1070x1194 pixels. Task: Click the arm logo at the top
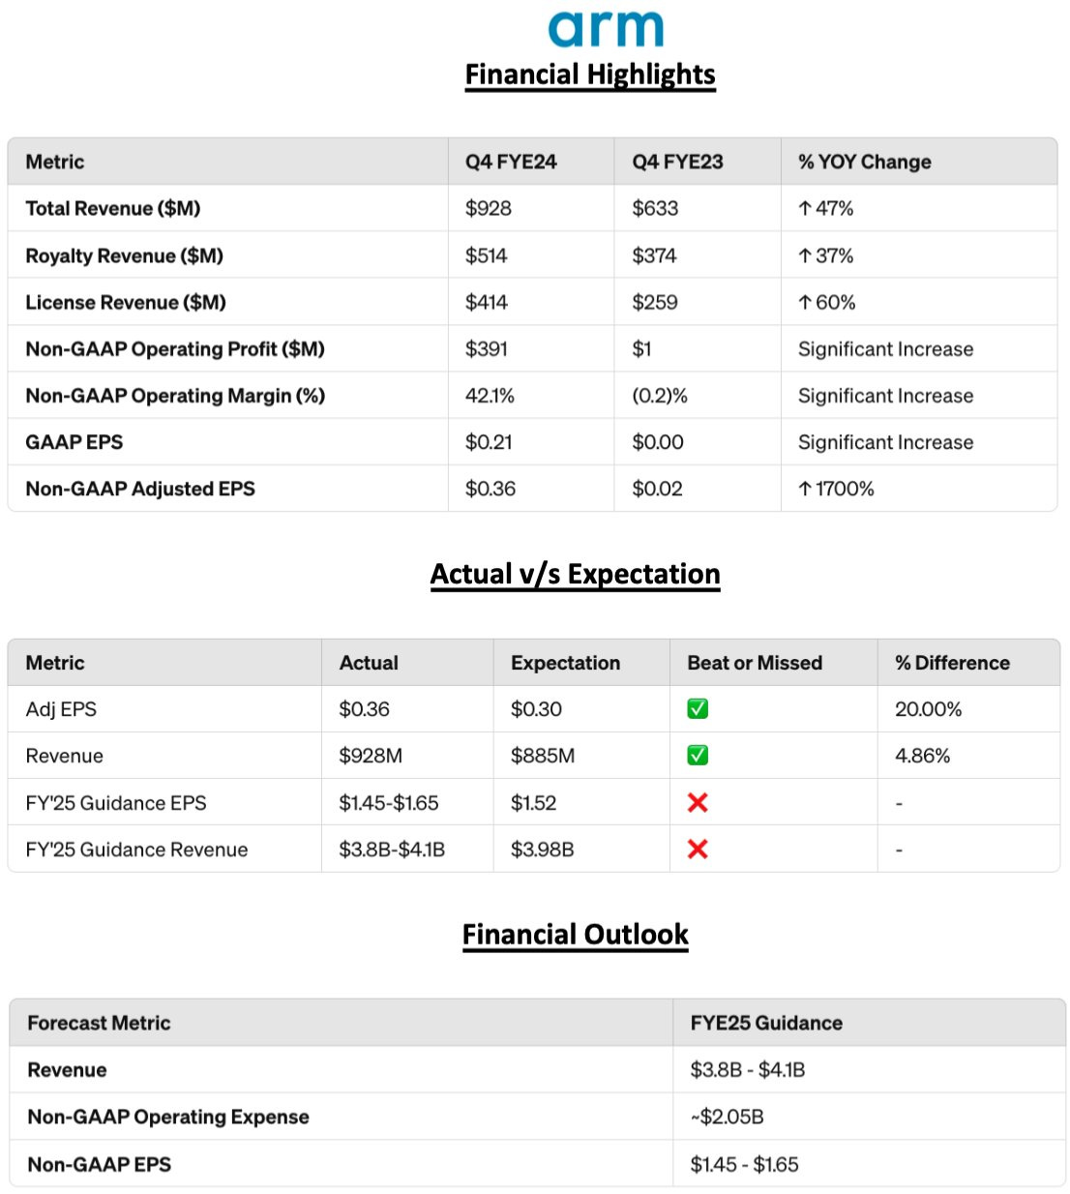point(606,29)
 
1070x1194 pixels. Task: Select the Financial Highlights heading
point(590,75)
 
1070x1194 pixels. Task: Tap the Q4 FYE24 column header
point(511,162)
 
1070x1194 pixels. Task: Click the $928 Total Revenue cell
point(489,208)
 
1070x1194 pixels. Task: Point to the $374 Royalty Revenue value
point(654,255)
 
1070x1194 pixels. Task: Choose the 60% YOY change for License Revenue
point(827,302)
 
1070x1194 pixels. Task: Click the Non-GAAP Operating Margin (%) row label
point(175,396)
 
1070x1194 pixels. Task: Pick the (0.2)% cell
point(660,396)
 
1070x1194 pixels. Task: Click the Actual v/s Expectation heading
point(575,574)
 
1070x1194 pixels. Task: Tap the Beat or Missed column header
point(755,663)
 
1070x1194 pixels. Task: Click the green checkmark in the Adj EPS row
point(698,709)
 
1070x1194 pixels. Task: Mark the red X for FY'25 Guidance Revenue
point(698,850)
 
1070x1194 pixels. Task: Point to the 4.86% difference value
point(922,756)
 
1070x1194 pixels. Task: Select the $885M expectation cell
point(542,756)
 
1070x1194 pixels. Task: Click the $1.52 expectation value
point(533,803)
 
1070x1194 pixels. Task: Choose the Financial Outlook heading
point(575,935)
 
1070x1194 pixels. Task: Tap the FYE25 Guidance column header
point(766,1023)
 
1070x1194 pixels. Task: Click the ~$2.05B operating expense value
point(727,1117)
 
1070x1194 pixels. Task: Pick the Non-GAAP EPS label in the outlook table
point(99,1164)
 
